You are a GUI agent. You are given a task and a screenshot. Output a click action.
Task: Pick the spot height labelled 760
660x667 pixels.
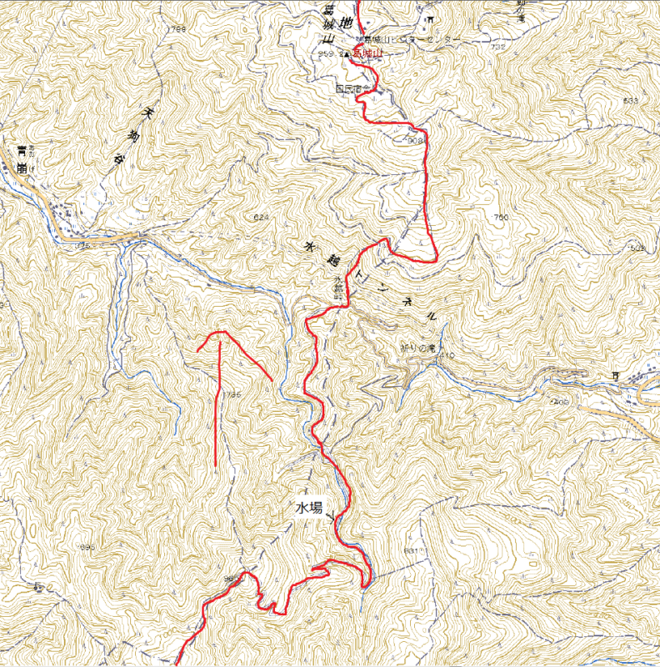(x=500, y=218)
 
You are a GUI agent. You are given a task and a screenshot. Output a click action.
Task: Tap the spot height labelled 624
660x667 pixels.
(x=261, y=218)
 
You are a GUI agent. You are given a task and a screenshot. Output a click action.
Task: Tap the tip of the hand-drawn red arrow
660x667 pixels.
(x=220, y=333)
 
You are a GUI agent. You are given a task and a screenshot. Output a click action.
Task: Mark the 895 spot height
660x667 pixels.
(x=86, y=547)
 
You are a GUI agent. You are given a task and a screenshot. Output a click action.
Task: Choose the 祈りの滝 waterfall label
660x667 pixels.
(x=417, y=347)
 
